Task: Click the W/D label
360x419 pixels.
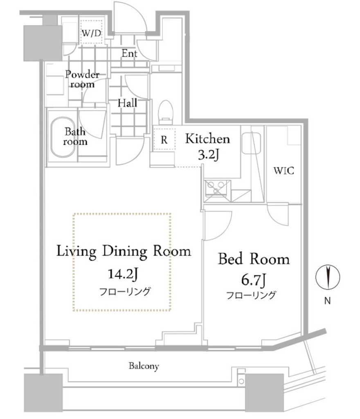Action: [91, 34]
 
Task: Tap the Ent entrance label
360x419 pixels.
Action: [130, 54]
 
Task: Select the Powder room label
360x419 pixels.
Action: [82, 79]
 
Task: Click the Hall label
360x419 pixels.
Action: [127, 103]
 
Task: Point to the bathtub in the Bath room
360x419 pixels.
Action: [63, 137]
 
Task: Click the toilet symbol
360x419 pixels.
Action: [166, 112]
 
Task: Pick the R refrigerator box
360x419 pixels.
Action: [164, 140]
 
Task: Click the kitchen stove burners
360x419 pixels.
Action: [216, 188]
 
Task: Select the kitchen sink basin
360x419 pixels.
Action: [251, 143]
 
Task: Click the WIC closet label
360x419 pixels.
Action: [284, 171]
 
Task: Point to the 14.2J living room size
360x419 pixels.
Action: [123, 274]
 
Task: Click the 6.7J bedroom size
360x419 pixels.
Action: [253, 280]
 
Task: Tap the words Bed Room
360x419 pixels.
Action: [254, 259]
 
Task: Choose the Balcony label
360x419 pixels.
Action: [144, 366]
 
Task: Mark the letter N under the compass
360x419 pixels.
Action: [327, 301]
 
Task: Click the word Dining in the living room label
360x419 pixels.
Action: [125, 252]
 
